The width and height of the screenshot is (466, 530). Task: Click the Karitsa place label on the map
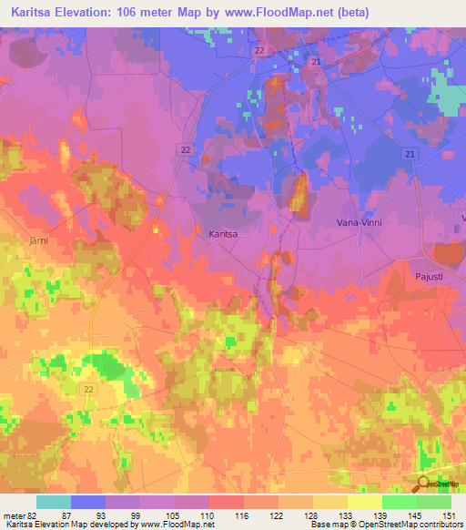click(x=223, y=234)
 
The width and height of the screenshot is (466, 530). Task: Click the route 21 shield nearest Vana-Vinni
click(x=410, y=156)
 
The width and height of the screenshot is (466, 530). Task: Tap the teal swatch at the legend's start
click(x=53, y=502)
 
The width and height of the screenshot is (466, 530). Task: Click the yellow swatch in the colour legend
click(x=364, y=502)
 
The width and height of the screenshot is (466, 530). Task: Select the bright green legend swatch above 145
click(x=399, y=502)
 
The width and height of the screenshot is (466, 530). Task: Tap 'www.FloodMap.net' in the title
click(x=304, y=12)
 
